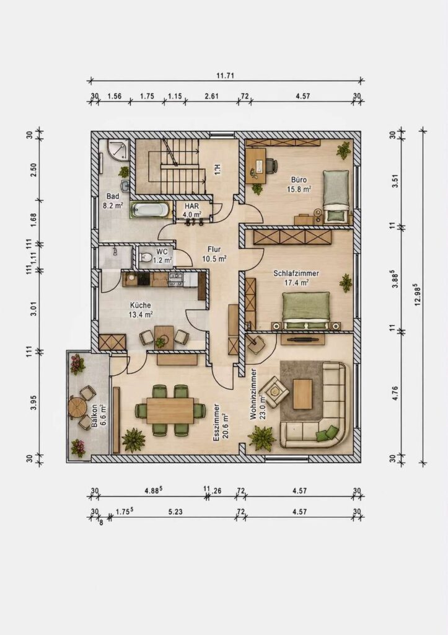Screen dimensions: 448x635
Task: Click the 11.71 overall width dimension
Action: tap(226, 75)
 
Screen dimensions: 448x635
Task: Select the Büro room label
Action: tap(299, 180)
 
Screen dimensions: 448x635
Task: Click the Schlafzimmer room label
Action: tap(296, 273)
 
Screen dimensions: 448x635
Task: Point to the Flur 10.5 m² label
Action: tap(214, 254)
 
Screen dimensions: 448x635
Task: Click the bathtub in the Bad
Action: tap(150, 210)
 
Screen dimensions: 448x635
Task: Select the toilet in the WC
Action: tap(145, 257)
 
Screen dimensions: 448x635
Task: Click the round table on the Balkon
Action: tap(76, 407)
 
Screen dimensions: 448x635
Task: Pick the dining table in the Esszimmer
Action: tap(170, 411)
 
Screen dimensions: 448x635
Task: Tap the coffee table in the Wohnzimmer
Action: tap(302, 394)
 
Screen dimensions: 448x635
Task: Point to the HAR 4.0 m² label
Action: tap(192, 210)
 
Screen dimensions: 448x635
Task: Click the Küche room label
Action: tap(141, 305)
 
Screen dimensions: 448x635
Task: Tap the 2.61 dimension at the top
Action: tap(212, 96)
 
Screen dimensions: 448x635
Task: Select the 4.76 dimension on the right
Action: tap(395, 393)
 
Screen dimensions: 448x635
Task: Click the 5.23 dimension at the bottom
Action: tap(175, 512)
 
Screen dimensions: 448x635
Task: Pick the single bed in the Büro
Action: tap(336, 196)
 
